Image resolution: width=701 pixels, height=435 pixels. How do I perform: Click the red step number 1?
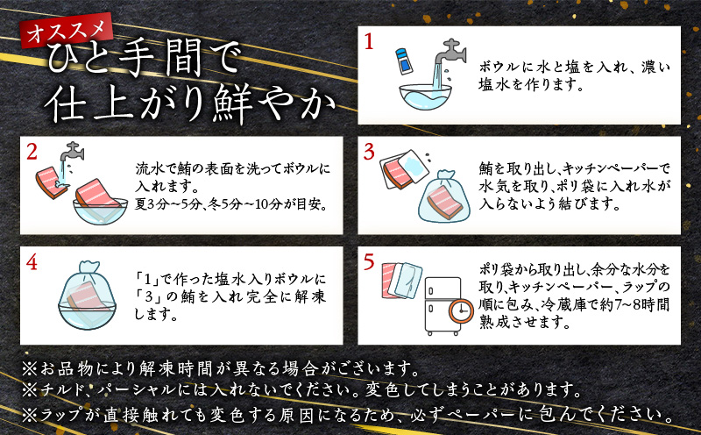tap(371, 40)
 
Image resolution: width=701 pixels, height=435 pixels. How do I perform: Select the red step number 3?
tap(371, 151)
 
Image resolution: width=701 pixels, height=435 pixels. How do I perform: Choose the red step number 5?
tap(371, 261)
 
